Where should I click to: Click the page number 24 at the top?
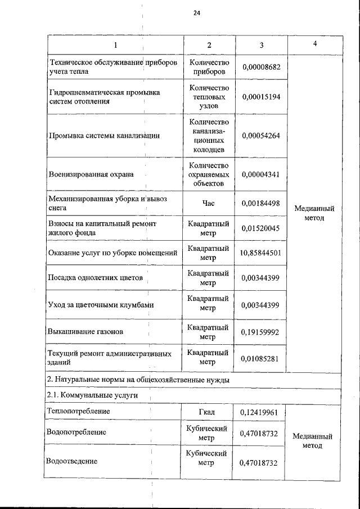tap(196, 12)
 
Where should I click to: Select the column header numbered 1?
tap(115, 45)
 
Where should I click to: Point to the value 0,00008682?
tap(261, 67)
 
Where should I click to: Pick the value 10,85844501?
tap(260, 253)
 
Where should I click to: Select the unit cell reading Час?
tap(209, 203)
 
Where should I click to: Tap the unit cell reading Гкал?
tap(209, 412)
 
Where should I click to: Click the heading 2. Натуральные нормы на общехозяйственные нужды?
tap(139, 381)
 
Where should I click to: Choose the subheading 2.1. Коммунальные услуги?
tap(93, 396)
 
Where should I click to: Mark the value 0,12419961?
tap(261, 412)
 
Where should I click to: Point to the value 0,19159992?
tap(261, 332)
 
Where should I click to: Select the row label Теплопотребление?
tap(79, 412)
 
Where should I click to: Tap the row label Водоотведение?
tap(74, 461)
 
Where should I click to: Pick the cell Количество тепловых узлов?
tap(209, 97)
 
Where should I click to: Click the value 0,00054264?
tap(261, 136)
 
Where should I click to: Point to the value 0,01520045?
tap(261, 228)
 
